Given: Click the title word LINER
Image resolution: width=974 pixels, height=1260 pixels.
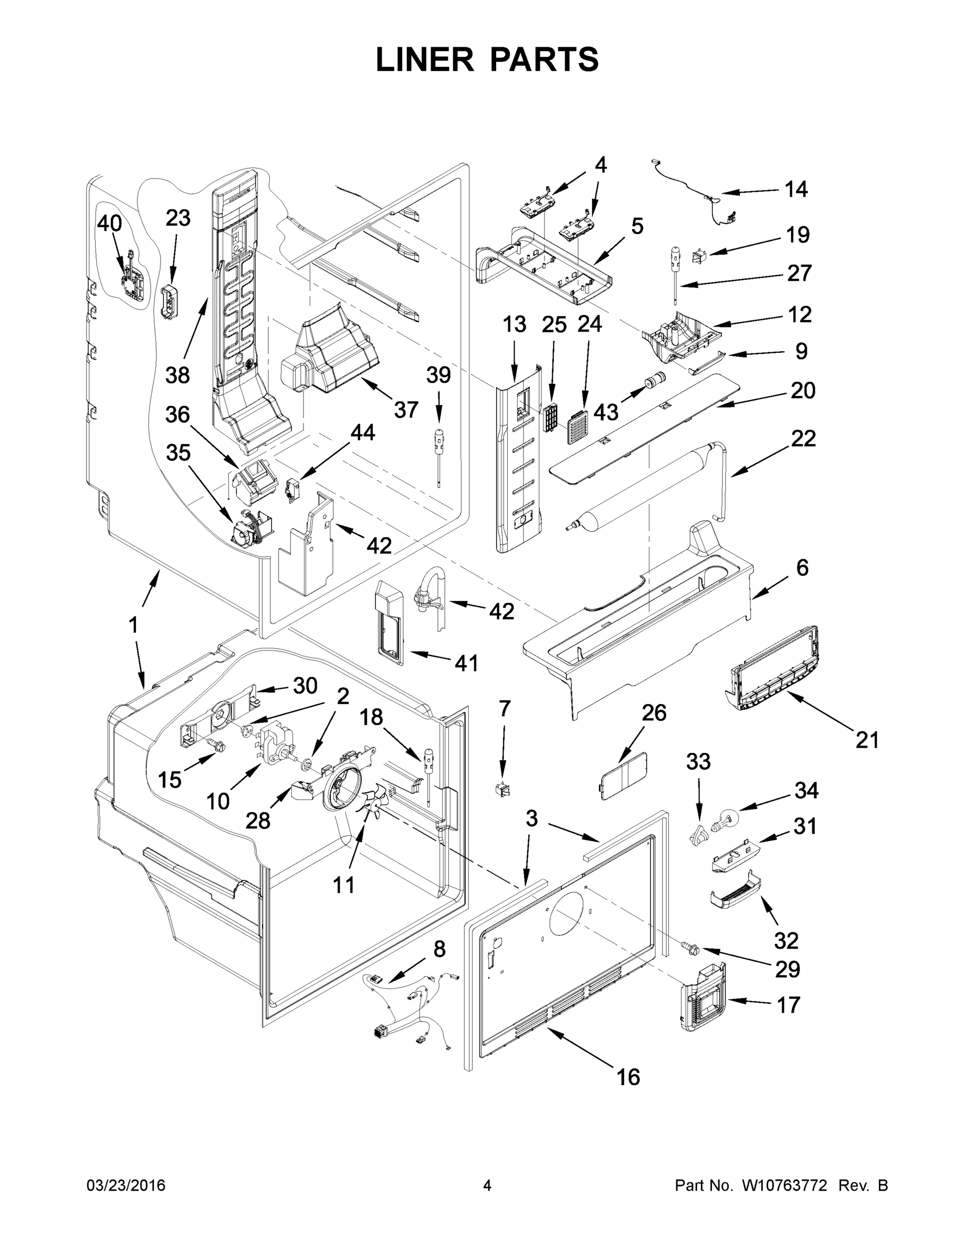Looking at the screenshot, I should [x=424, y=59].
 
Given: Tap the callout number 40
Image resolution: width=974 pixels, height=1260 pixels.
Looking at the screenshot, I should [x=109, y=223].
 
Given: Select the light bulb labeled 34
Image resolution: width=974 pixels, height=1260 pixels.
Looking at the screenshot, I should [x=725, y=822].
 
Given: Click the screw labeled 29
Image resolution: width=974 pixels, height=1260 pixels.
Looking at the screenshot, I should [x=689, y=947].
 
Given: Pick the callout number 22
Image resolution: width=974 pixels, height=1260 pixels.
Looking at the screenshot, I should [x=803, y=438].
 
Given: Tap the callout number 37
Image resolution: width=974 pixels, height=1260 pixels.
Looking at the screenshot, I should [x=406, y=409].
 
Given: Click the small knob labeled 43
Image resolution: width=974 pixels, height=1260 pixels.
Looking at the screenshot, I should [x=655, y=381].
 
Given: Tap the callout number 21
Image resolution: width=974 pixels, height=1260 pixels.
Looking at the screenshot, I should [x=867, y=739].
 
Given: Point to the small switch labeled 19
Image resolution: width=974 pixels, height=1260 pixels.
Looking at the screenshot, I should [x=700, y=256].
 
